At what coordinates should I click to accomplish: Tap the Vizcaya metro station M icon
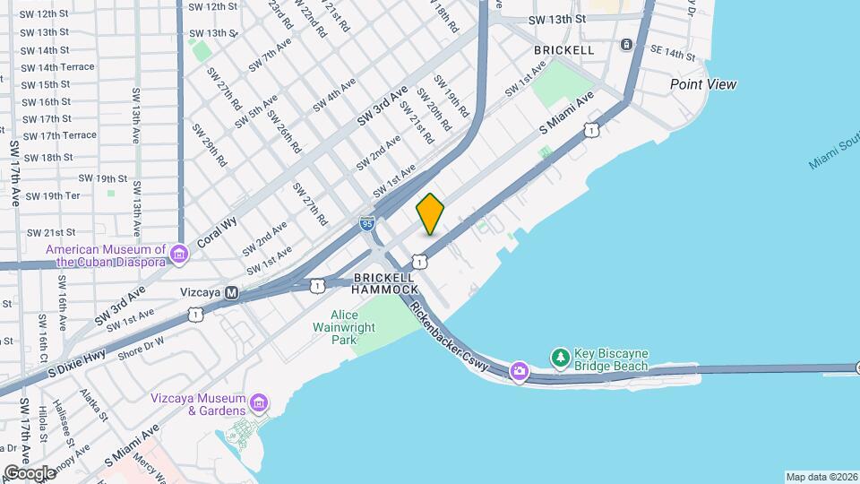click(x=232, y=292)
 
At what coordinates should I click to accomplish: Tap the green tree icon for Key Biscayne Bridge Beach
click(x=561, y=358)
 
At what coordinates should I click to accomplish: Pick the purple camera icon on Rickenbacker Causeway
click(x=520, y=371)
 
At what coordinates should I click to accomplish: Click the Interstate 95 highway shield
click(x=367, y=223)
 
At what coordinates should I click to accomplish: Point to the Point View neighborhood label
click(x=703, y=84)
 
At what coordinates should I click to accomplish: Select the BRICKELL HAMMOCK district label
click(x=385, y=284)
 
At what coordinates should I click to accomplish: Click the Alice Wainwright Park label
click(x=344, y=328)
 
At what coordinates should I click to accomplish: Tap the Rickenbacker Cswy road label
click(x=454, y=337)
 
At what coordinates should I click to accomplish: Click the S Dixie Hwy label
click(x=76, y=356)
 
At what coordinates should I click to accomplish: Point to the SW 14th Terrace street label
click(x=57, y=67)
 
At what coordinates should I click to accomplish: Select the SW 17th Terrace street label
click(x=59, y=135)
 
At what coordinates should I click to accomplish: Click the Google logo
click(x=30, y=472)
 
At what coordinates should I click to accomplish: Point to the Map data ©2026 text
click(x=821, y=477)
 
